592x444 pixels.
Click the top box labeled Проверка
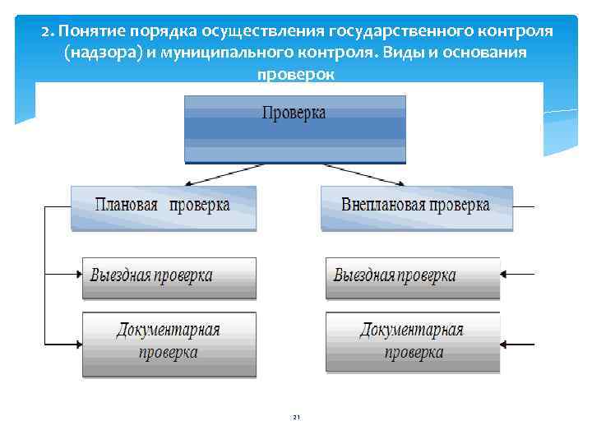[294, 127]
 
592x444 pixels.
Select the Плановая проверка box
[163, 206]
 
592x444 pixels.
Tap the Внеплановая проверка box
[415, 206]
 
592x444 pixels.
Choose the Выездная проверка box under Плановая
[169, 277]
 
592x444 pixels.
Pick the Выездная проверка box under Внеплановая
[412, 277]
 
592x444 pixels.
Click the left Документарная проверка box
[169, 343]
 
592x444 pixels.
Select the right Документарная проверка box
[412, 343]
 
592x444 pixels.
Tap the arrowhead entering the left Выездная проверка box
[76, 272]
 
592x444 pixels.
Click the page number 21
[296, 418]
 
